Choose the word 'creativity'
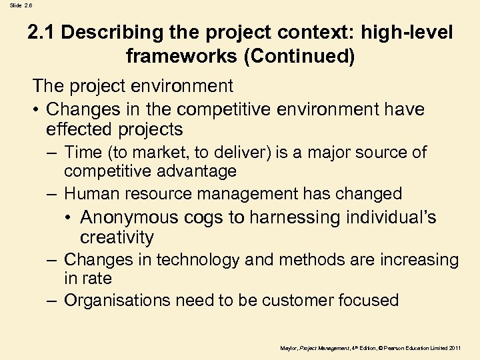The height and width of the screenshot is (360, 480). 117,237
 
